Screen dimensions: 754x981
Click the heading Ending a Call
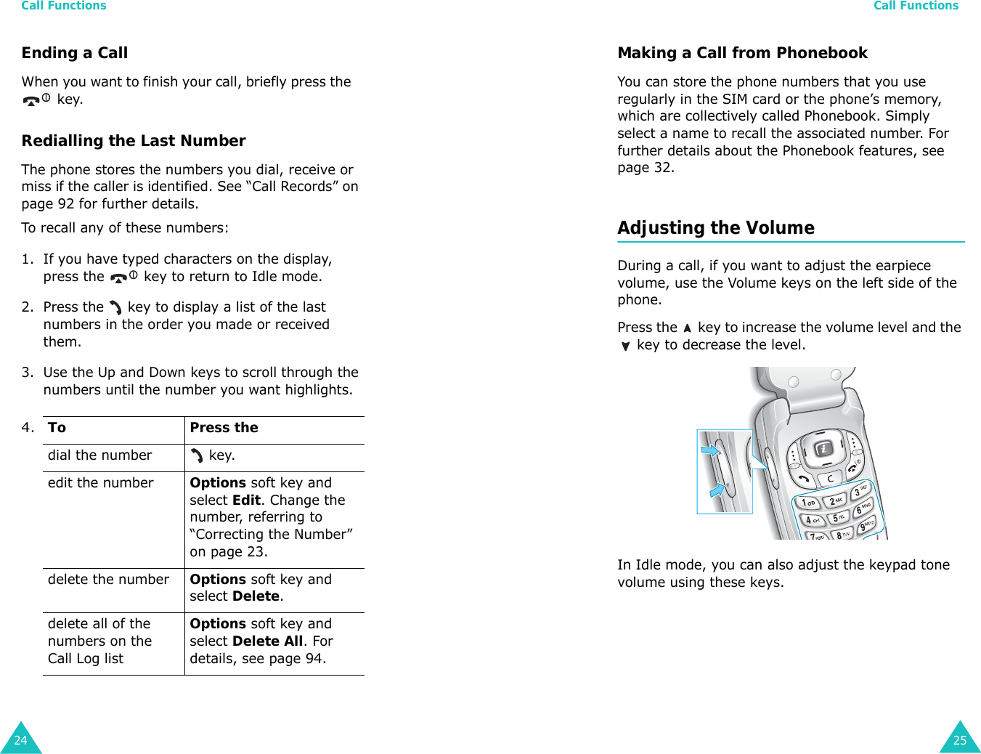point(75,53)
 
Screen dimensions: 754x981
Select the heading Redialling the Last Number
point(134,141)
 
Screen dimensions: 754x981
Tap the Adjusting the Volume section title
point(716,228)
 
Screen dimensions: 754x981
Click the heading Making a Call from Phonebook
point(742,53)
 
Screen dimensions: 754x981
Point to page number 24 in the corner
point(20,740)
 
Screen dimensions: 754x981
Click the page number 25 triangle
point(960,740)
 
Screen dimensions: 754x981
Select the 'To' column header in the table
point(57,428)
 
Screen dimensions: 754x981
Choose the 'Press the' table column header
point(224,428)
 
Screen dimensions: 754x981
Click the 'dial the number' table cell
point(100,455)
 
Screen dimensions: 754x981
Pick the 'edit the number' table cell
point(101,483)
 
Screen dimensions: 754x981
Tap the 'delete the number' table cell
point(108,580)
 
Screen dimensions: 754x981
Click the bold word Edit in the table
point(246,500)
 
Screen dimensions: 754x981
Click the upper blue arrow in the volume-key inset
point(709,451)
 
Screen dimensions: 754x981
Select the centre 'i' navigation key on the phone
point(823,450)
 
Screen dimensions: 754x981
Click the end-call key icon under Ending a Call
point(36,100)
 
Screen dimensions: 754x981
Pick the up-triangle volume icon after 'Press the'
point(687,328)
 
